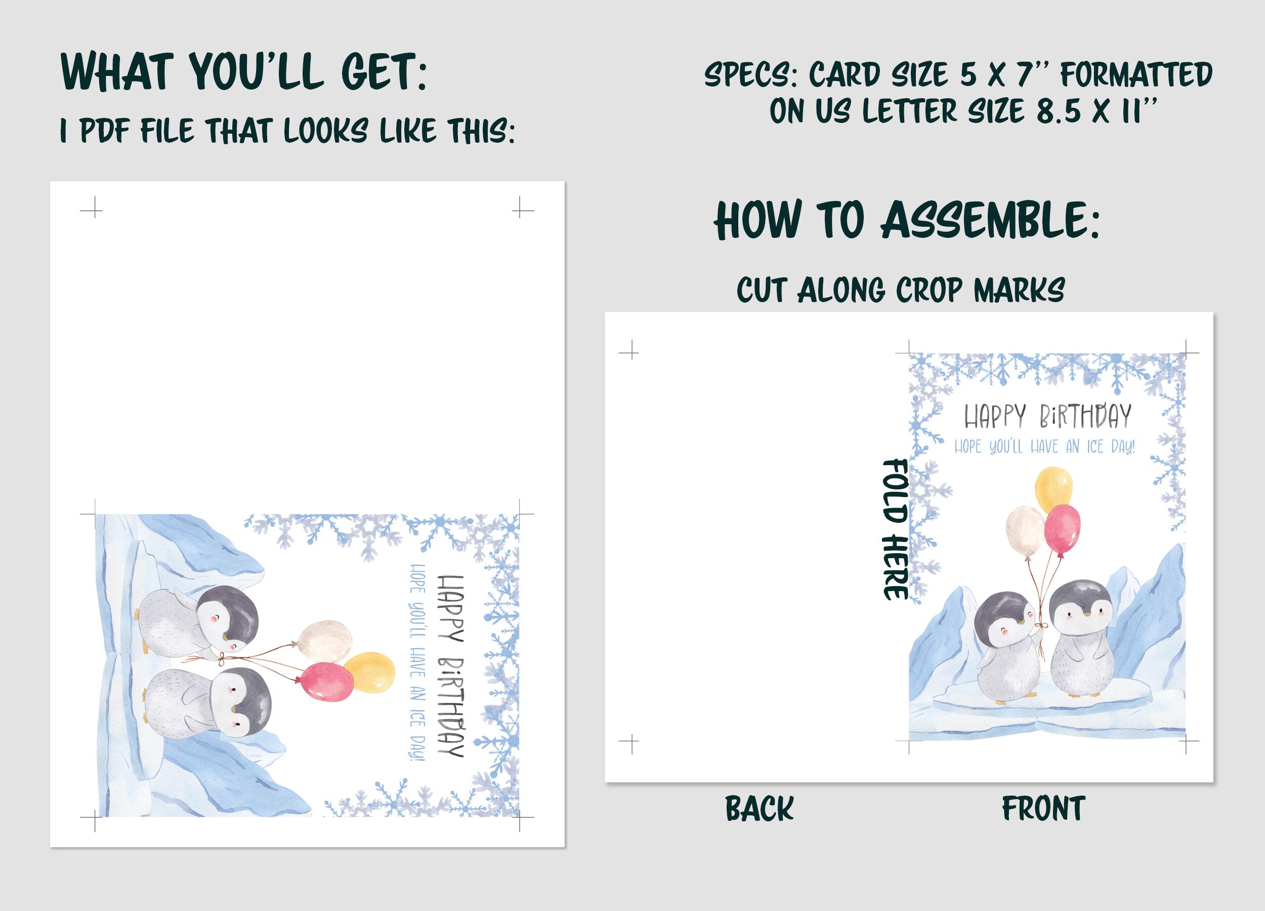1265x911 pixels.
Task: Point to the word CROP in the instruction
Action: pos(929,291)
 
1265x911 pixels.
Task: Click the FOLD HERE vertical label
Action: pos(895,529)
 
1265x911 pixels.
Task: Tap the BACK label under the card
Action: pos(759,809)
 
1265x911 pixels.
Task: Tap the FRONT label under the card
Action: pos(1043,809)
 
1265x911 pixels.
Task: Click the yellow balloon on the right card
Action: pos(1053,489)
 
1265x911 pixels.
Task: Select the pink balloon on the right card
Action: pos(1062,530)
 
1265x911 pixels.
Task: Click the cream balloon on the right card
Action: pos(1025,530)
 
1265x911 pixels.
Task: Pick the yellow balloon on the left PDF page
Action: pos(369,672)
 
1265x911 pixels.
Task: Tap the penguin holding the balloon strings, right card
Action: pos(1007,647)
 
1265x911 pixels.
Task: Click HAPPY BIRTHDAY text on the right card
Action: pos(1047,416)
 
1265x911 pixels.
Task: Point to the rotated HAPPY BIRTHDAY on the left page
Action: pos(451,666)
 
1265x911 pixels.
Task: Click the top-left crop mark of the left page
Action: pos(92,210)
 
